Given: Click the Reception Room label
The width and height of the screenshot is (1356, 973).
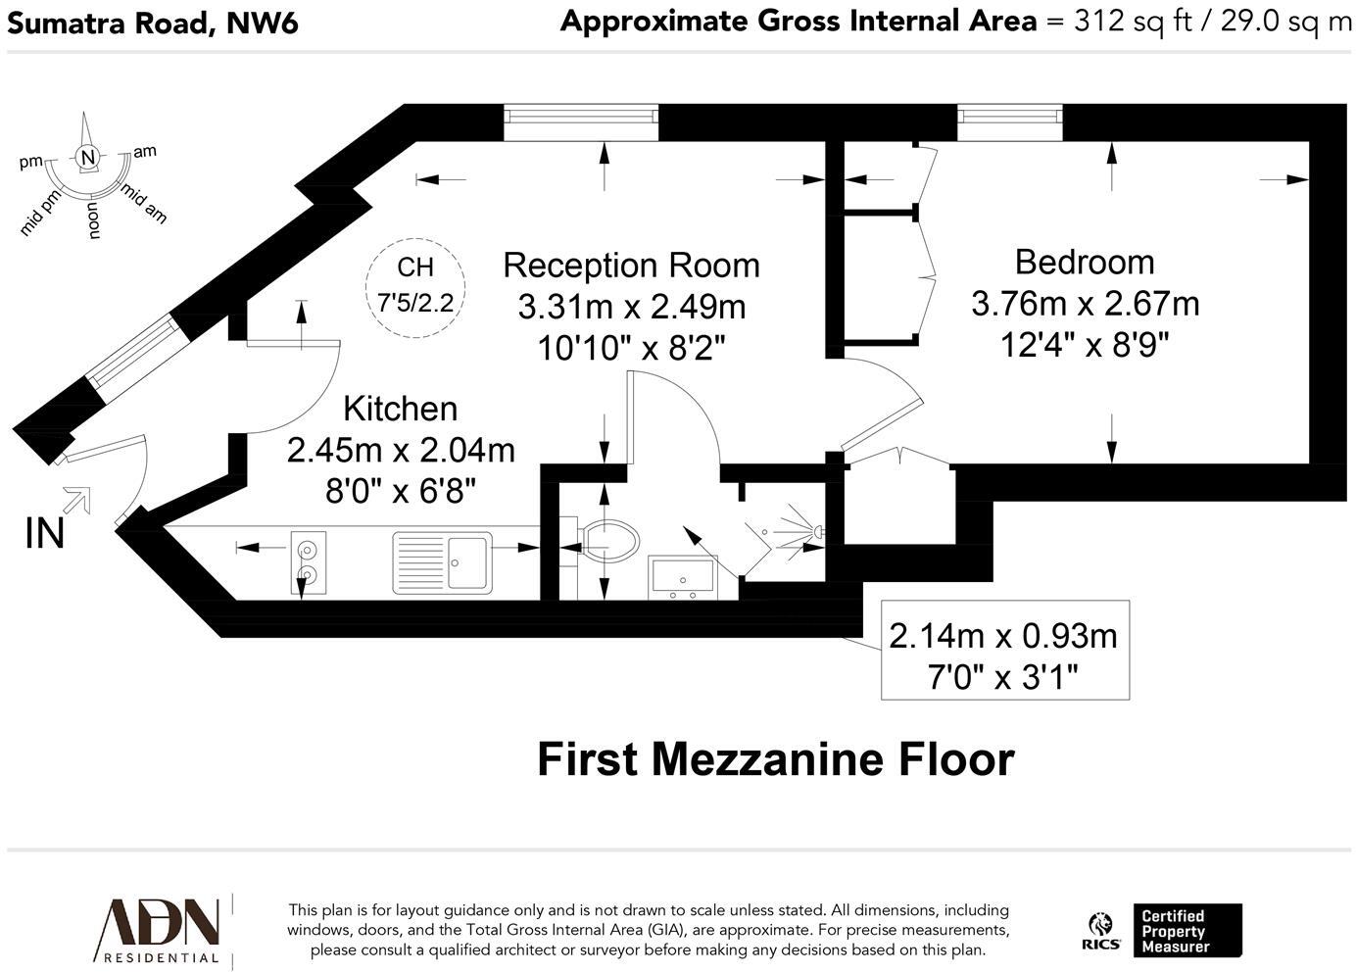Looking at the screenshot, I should click(631, 266).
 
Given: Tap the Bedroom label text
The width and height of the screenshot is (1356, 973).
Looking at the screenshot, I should click(1085, 263).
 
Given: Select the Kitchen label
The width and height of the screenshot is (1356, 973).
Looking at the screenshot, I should click(400, 409).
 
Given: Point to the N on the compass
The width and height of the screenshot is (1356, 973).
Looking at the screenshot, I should click(88, 158).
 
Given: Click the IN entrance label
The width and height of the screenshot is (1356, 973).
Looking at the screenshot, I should click(45, 534).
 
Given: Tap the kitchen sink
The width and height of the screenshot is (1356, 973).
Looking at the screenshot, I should click(442, 561).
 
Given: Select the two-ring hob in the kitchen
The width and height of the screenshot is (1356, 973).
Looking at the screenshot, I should click(308, 562).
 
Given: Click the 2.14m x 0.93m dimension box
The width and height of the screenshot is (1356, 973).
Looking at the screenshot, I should click(1004, 651).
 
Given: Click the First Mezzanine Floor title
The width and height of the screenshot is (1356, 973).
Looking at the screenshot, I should click(775, 759).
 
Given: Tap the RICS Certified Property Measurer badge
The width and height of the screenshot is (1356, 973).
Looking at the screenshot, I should click(1163, 931).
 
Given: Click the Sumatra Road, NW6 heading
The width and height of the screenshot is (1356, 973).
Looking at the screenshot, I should click(152, 22).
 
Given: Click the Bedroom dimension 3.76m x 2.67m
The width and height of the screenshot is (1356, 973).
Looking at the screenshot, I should click(1085, 304).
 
